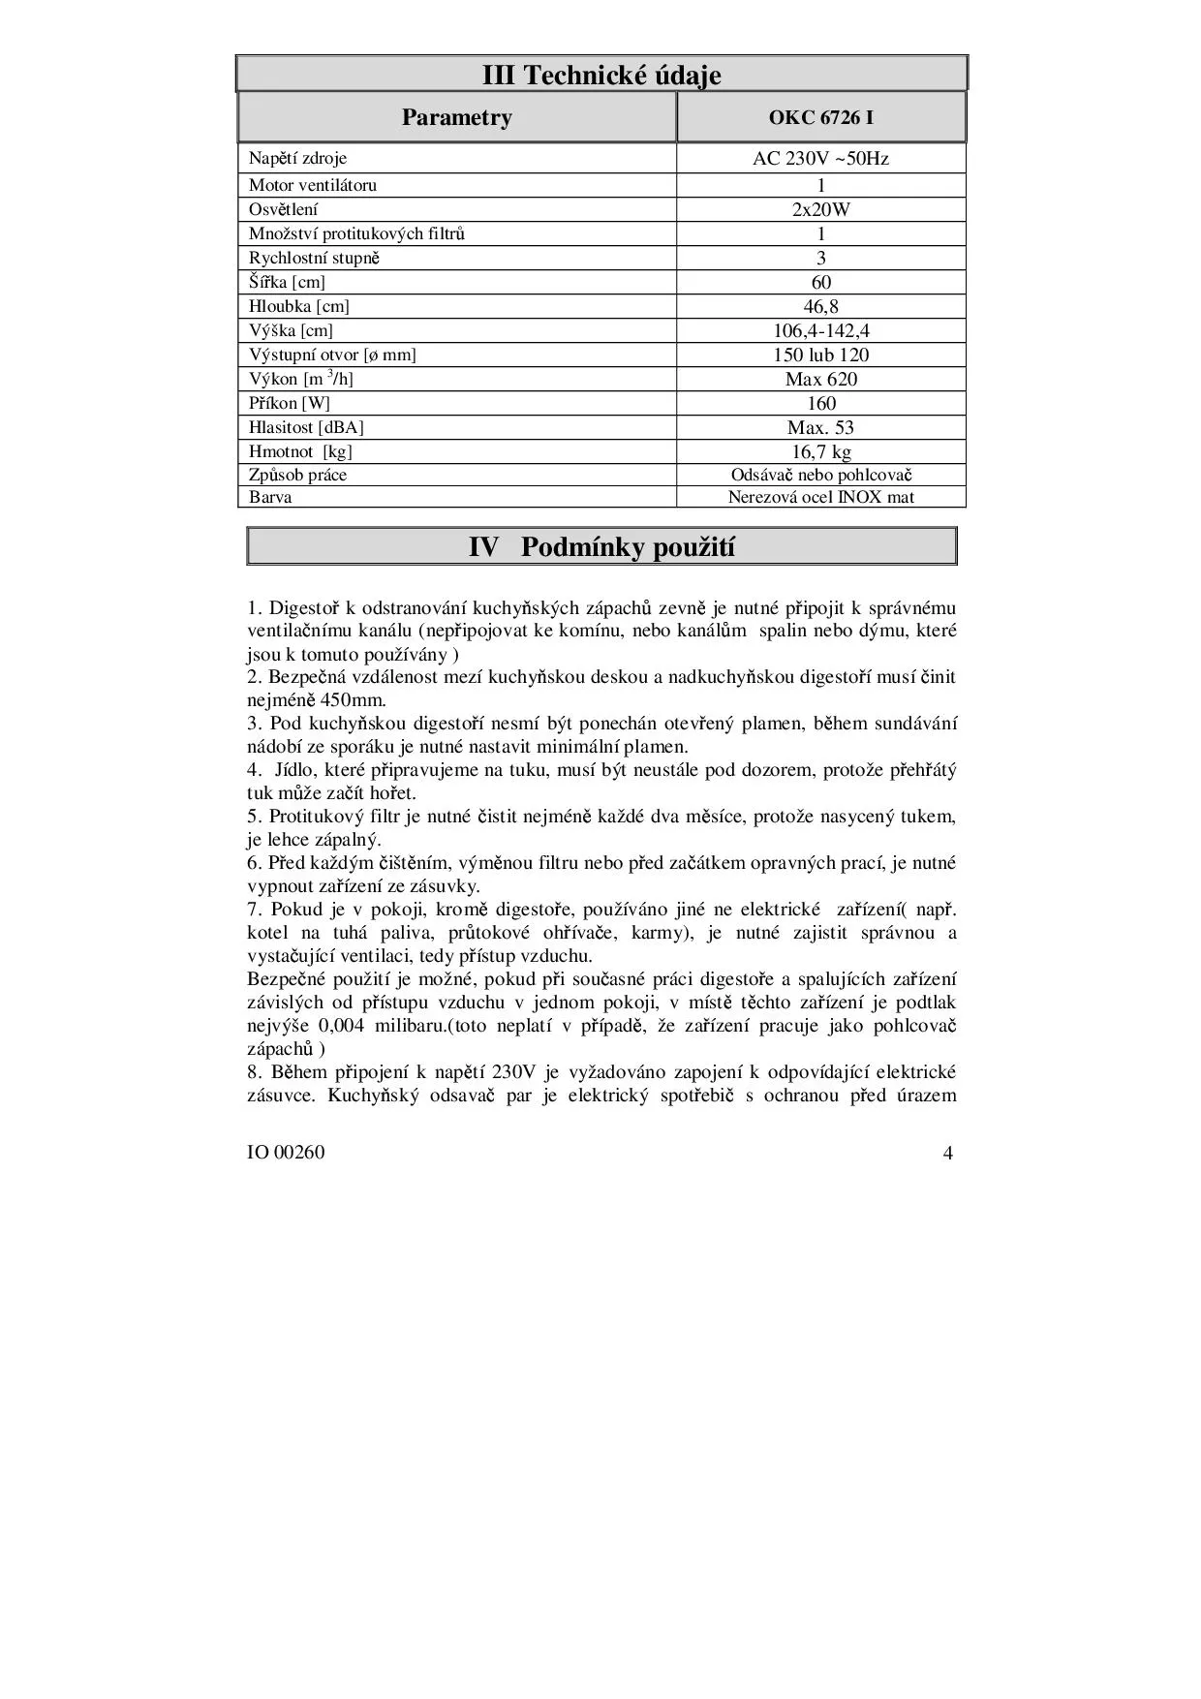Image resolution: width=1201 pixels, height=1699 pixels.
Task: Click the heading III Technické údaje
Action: [x=600, y=75]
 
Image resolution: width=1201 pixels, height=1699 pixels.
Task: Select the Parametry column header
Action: [x=456, y=117]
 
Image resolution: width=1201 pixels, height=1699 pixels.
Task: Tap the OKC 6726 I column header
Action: [x=820, y=117]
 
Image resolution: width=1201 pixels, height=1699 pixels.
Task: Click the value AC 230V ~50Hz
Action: [x=820, y=158]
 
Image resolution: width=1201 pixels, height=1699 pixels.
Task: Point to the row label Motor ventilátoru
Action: [x=313, y=185]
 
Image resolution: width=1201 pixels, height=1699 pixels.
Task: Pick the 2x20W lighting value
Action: [x=820, y=209]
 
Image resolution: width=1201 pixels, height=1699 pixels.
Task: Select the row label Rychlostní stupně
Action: [x=315, y=258]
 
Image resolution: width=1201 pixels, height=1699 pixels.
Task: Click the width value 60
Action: [x=820, y=282]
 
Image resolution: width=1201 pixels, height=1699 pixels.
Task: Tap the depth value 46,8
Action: [x=820, y=306]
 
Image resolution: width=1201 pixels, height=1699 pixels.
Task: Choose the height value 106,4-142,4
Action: [x=820, y=330]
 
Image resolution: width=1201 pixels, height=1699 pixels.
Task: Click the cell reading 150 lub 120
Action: [x=820, y=355]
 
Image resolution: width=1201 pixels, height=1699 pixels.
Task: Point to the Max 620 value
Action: [x=820, y=379]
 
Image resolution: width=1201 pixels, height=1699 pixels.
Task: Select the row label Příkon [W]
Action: [x=290, y=403]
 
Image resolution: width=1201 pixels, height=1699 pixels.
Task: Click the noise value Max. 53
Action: [x=820, y=427]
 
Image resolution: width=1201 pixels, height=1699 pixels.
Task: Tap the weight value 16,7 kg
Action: [x=820, y=451]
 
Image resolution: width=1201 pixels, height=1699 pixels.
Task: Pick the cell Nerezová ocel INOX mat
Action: [x=820, y=497]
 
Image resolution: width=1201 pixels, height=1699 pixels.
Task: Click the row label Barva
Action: [x=270, y=497]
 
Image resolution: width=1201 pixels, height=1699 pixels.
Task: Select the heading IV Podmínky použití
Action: [x=600, y=547]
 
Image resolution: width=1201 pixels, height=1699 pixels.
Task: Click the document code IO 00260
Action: [x=286, y=1153]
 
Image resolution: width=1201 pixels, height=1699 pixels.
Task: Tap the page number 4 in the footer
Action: [x=947, y=1153]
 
